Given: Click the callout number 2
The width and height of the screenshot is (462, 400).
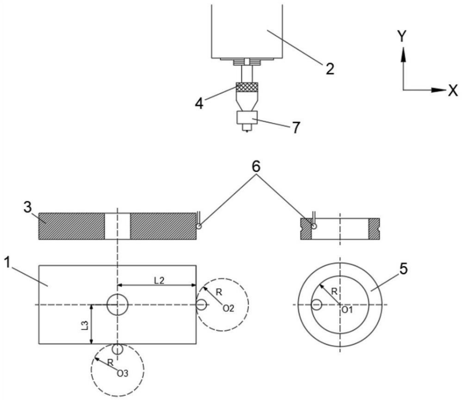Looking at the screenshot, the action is (x=330, y=69).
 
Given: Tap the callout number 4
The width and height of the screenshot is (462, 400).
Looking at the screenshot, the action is (x=199, y=103).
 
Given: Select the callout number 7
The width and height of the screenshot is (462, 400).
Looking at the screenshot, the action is (x=296, y=127).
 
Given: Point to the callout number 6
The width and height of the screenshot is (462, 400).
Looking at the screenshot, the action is (x=256, y=167).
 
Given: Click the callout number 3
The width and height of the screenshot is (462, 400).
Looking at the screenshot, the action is (x=27, y=207).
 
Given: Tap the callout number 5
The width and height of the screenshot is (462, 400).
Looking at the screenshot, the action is (x=403, y=268).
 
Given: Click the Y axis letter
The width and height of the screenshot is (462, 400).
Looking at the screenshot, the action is (x=402, y=36).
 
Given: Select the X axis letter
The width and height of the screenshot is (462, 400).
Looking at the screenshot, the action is (x=453, y=90).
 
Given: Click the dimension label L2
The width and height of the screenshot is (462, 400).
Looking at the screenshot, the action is (x=159, y=280).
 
